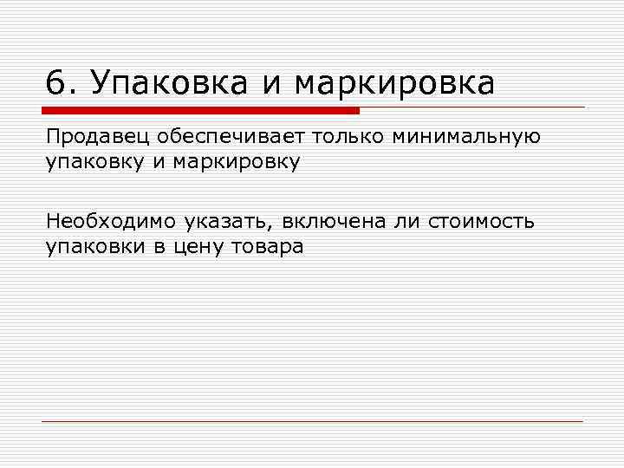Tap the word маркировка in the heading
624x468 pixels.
pyautogui.click(x=394, y=84)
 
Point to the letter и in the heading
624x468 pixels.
pyautogui.click(x=272, y=85)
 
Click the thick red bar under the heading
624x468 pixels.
pyautogui.click(x=200, y=111)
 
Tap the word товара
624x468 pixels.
pyautogui.click(x=266, y=247)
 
